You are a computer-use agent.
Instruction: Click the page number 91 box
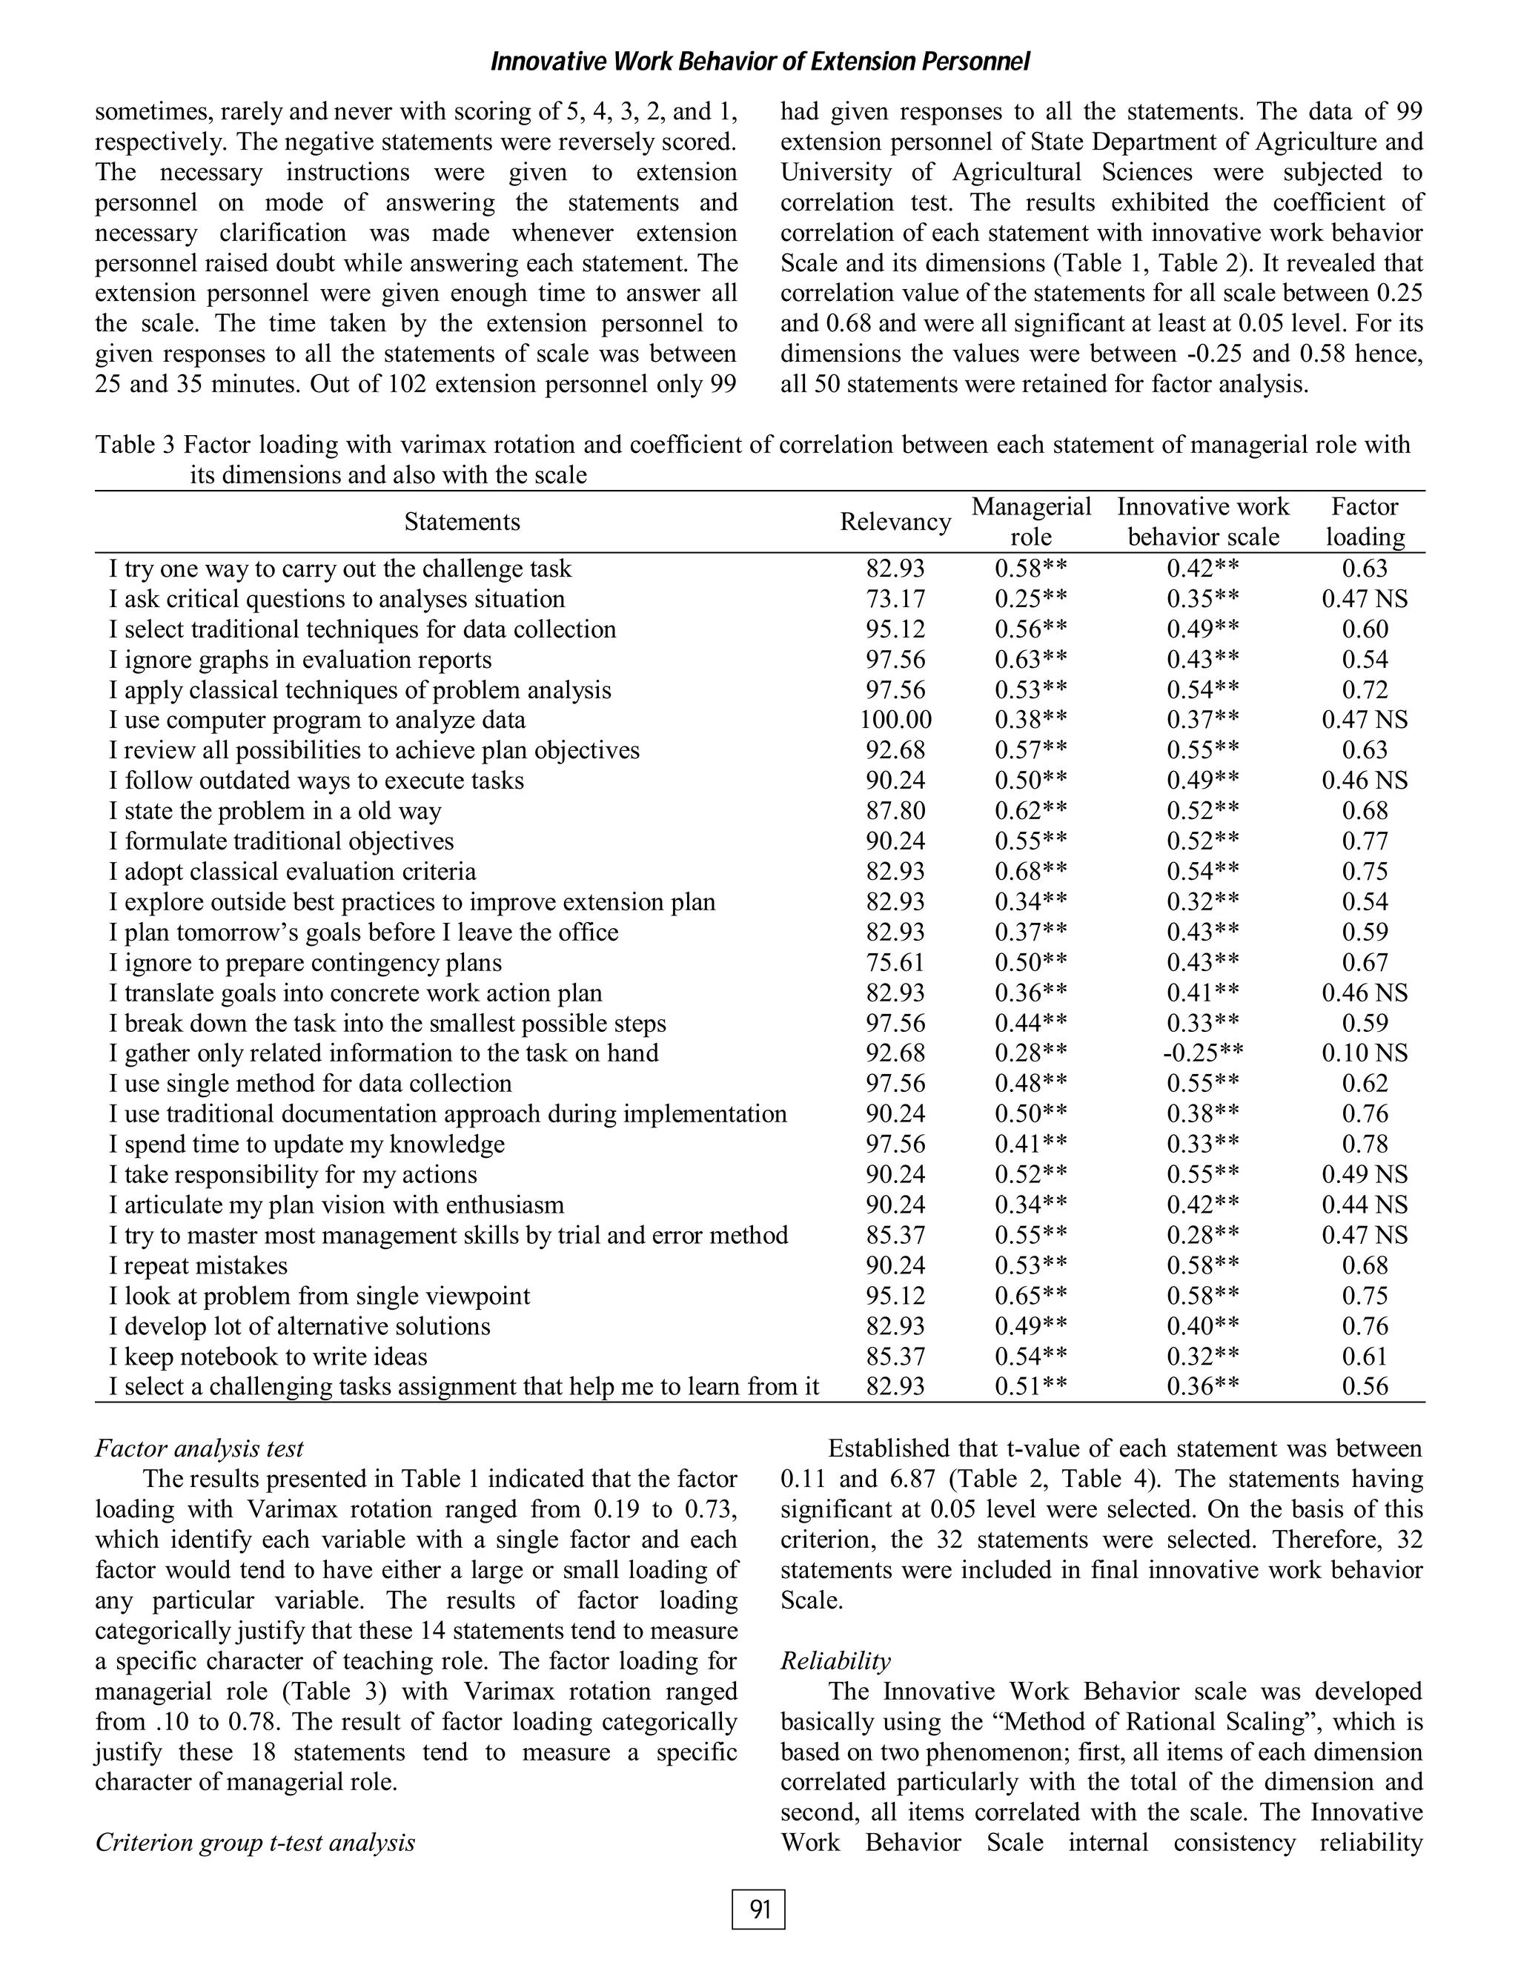click(x=758, y=1909)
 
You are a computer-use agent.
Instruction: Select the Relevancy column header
click(x=895, y=521)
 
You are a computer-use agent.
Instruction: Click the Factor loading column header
click(x=1364, y=521)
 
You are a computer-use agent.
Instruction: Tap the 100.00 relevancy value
click(x=895, y=720)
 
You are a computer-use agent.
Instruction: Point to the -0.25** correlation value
click(x=1202, y=1053)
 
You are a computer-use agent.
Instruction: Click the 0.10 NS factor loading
click(x=1364, y=1053)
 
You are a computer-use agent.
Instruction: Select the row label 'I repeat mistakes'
click(x=198, y=1265)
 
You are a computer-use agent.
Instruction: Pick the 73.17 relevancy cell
click(x=895, y=599)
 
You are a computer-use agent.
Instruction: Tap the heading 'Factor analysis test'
click(x=199, y=1448)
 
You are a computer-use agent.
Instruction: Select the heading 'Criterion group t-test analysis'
click(x=255, y=1842)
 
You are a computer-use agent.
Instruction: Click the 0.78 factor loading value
click(x=1364, y=1144)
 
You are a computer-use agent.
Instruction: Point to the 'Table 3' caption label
click(x=136, y=445)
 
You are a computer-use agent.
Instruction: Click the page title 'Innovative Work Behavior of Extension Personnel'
click(x=759, y=62)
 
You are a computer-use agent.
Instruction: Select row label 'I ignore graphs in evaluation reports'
click(x=300, y=660)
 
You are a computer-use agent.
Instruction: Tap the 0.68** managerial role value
click(x=1030, y=872)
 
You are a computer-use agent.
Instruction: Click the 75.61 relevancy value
click(x=895, y=963)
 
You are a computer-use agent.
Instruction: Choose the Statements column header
click(x=462, y=521)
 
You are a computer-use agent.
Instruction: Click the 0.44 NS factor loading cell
click(x=1364, y=1205)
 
